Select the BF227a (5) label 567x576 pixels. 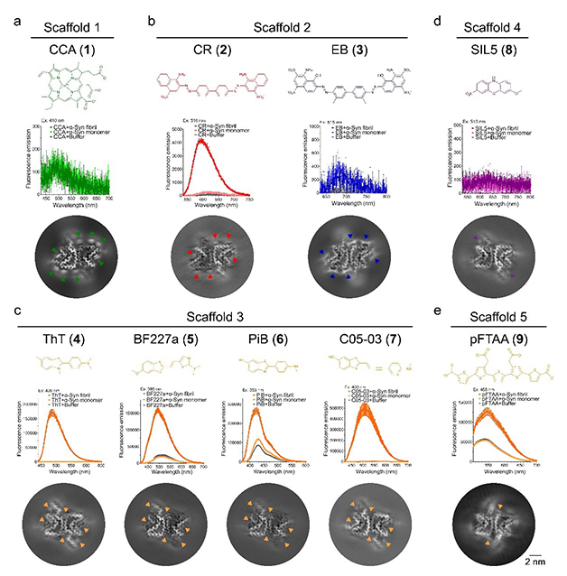click(x=172, y=337)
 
